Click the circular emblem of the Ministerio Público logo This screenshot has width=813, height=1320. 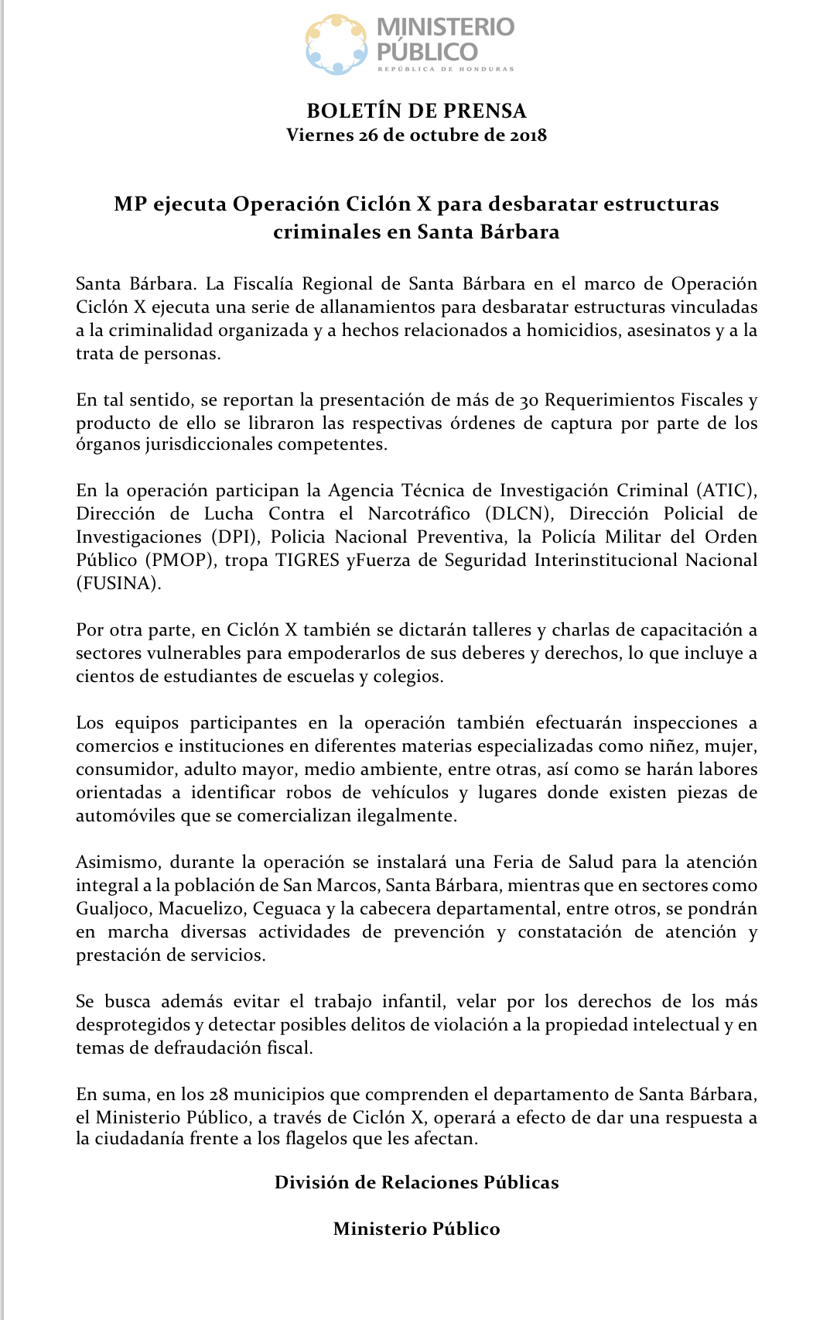336,44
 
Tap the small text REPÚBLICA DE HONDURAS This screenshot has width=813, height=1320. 446,70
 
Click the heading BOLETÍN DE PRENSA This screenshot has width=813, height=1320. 416,111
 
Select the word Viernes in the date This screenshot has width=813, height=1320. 319,135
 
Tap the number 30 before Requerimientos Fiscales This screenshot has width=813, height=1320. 528,400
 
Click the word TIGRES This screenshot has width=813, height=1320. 308,561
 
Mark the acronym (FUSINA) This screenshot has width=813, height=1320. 118,584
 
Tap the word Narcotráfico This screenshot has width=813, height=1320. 418,514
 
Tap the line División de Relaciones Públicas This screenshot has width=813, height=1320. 416,1182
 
